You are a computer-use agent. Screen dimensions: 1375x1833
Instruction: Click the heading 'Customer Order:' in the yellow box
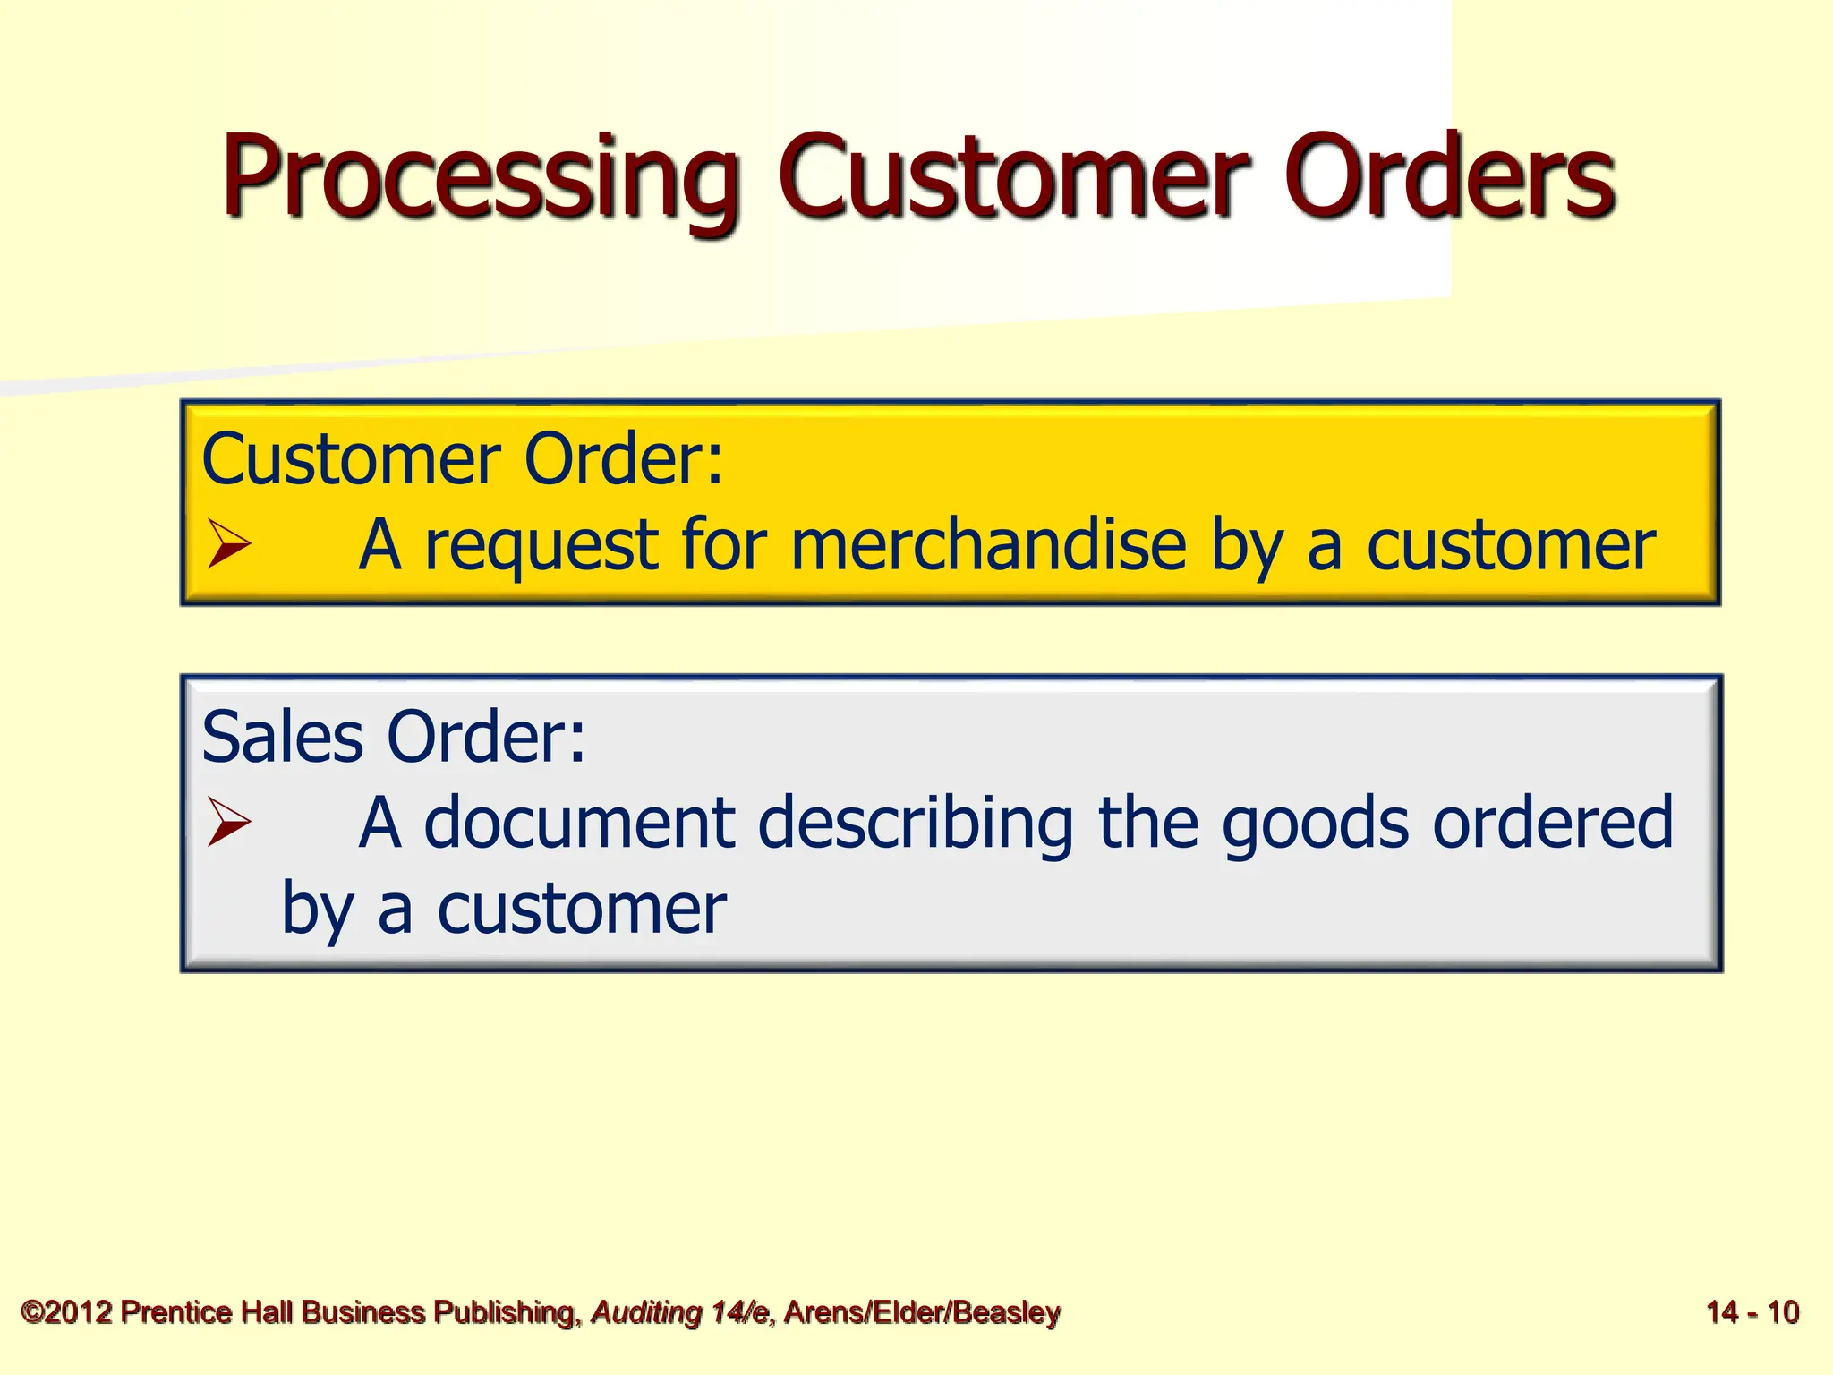pyautogui.click(x=462, y=459)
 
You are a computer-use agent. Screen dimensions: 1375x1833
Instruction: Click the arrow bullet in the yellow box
pyautogui.click(x=228, y=544)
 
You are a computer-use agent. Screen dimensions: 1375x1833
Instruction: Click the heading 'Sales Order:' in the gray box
pyautogui.click(x=394, y=737)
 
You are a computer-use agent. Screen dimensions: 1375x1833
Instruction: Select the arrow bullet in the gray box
pyautogui.click(x=228, y=822)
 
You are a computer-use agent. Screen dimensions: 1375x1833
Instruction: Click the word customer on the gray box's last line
pyautogui.click(x=582, y=910)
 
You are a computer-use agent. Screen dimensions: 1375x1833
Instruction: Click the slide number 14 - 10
pyautogui.click(x=1752, y=1312)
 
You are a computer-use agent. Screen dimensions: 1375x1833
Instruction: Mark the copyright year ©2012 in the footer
pyautogui.click(x=67, y=1312)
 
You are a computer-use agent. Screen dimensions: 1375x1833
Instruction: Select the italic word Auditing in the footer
pyautogui.click(x=646, y=1312)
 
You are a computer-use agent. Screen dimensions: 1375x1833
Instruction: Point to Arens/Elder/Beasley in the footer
pyautogui.click(x=922, y=1312)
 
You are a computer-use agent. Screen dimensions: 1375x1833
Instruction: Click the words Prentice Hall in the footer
pyautogui.click(x=207, y=1312)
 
